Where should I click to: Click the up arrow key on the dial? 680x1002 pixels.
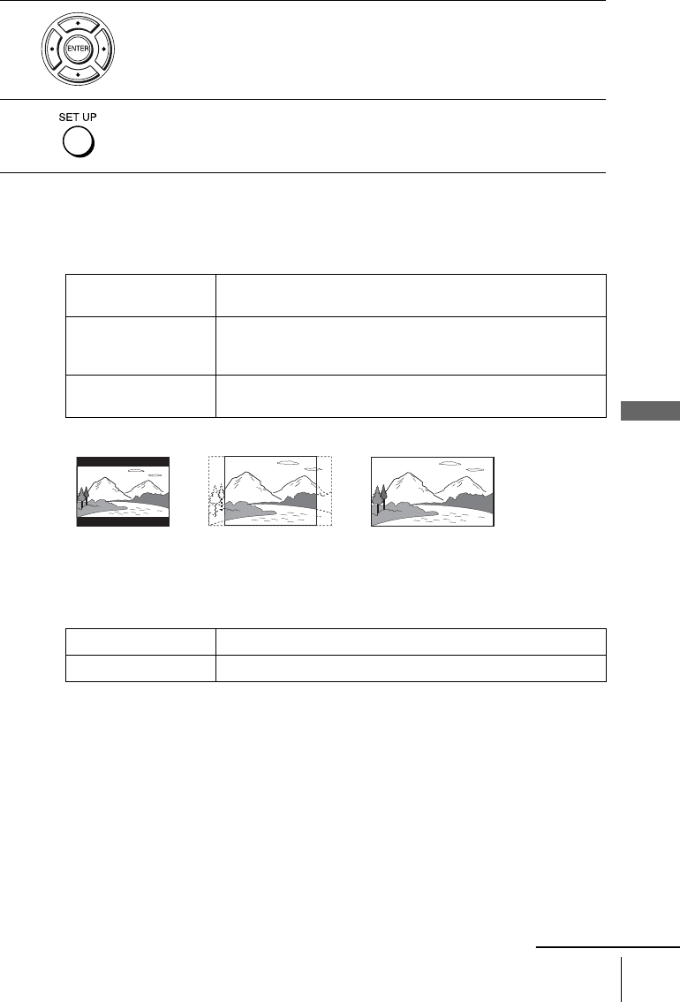click(x=78, y=24)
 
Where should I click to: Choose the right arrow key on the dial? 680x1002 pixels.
click(x=102, y=49)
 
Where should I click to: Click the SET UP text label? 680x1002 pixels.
click(x=77, y=117)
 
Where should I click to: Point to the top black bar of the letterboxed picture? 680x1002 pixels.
click(x=124, y=461)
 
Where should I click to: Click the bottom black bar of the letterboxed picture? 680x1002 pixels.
click(x=124, y=521)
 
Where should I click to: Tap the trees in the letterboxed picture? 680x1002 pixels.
click(x=83, y=497)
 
